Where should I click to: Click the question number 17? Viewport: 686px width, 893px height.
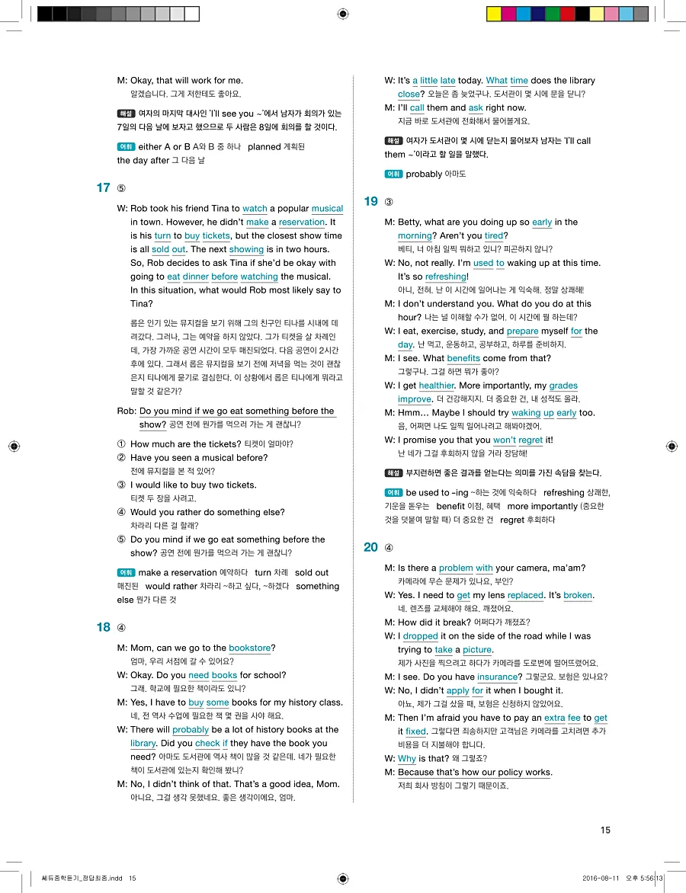pyautogui.click(x=103, y=188)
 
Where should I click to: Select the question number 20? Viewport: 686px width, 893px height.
pyautogui.click(x=370, y=547)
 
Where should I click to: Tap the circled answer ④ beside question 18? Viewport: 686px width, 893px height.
pyautogui.click(x=121, y=628)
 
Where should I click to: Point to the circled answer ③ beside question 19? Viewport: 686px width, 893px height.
pyautogui.click(x=389, y=202)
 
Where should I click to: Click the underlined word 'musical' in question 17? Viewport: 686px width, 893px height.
pyautogui.click(x=327, y=209)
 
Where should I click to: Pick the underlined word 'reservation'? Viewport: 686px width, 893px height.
pyautogui.click(x=302, y=222)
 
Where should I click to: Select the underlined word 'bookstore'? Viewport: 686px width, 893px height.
pyautogui.click(x=250, y=648)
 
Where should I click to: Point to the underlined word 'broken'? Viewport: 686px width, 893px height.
pyautogui.click(x=578, y=595)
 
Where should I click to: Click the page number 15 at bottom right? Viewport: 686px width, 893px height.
pyautogui.click(x=605, y=830)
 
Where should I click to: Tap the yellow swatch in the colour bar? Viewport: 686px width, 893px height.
pyautogui.click(x=494, y=14)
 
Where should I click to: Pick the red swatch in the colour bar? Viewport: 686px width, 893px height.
pyautogui.click(x=567, y=14)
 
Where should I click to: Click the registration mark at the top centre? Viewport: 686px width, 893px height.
pyautogui.click(x=343, y=14)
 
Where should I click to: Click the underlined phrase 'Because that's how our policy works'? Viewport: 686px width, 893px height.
pyautogui.click(x=474, y=773)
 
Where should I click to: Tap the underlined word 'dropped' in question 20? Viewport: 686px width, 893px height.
pyautogui.click(x=420, y=636)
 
